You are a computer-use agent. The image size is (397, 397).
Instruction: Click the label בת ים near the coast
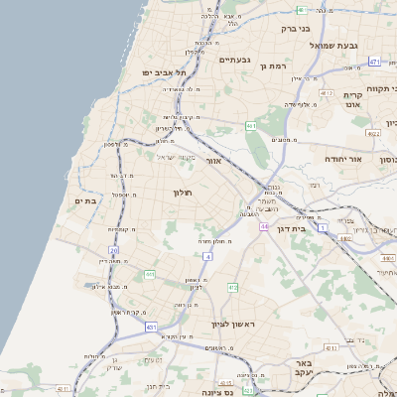(x=85, y=200)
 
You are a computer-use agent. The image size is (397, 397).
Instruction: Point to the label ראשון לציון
(x=233, y=325)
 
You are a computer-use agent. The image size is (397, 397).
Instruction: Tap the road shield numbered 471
(x=374, y=62)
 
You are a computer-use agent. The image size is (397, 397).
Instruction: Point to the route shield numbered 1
(x=323, y=227)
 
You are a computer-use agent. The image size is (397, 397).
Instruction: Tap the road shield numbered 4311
(x=225, y=380)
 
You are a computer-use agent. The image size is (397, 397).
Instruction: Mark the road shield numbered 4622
(x=373, y=133)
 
